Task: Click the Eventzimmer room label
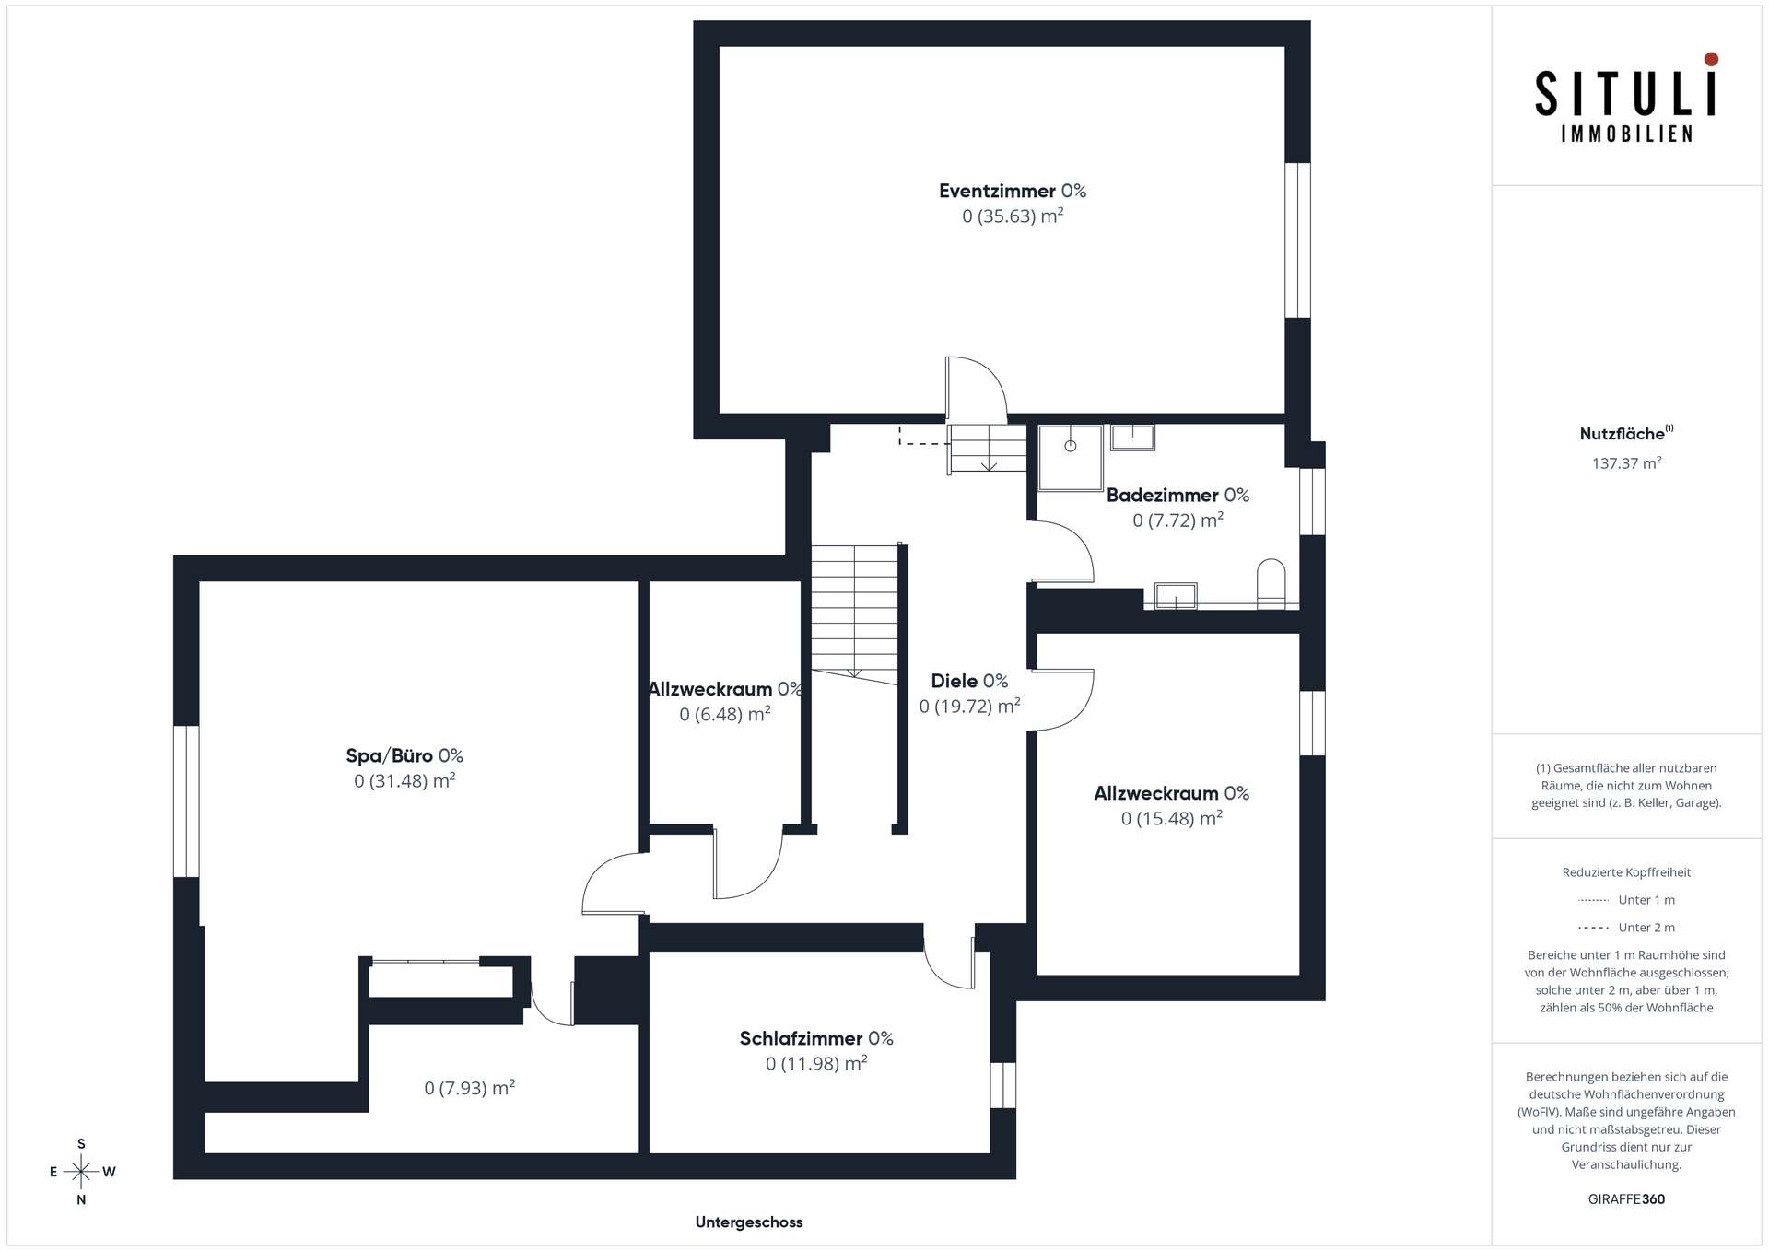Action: [x=1013, y=191]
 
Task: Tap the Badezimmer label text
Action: [x=1177, y=495]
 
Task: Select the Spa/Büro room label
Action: [x=404, y=755]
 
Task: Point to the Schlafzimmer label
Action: [x=816, y=1038]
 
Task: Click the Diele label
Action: [x=969, y=681]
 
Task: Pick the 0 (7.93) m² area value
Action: [x=469, y=1088]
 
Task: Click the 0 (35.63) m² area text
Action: [x=1013, y=216]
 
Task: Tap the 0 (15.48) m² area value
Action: [x=1172, y=818]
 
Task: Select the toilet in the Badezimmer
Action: [x=1271, y=583]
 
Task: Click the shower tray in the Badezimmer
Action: [x=1071, y=458]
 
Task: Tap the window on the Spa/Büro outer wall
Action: [x=186, y=801]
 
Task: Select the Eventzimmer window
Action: [x=1297, y=240]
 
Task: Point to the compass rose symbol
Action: [x=81, y=1172]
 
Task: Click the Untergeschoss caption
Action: [x=749, y=1222]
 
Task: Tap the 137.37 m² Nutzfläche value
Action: [x=1626, y=463]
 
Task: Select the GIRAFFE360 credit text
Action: [x=1626, y=1199]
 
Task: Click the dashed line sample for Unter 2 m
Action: [x=1593, y=928]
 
